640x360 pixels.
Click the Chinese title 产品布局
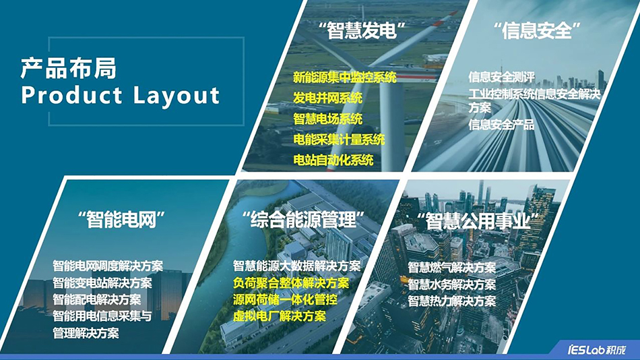(68, 68)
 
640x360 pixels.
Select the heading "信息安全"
(537, 31)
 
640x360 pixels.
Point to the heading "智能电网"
(123, 218)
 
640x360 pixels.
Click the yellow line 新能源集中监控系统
(345, 78)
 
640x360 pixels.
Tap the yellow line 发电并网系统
(327, 98)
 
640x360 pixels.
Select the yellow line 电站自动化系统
(333, 160)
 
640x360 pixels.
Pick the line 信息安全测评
(501, 77)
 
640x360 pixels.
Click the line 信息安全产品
(501, 124)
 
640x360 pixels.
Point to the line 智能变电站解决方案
(102, 283)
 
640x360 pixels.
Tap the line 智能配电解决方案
(97, 300)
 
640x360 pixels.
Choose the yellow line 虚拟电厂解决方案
(279, 316)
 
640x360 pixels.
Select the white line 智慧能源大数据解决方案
(296, 266)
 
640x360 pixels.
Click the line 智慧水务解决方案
(451, 284)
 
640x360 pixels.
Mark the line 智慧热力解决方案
(451, 301)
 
